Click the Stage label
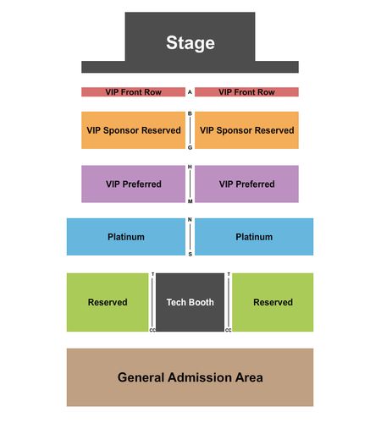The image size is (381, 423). click(190, 43)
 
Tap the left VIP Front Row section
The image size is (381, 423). click(133, 92)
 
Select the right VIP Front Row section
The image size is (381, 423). click(246, 92)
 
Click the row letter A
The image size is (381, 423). click(190, 92)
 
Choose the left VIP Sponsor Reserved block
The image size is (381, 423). click(133, 130)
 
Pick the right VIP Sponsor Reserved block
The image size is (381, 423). click(246, 130)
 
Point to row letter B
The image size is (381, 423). click(190, 113)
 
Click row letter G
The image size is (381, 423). click(190, 147)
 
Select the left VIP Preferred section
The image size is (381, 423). click(133, 184)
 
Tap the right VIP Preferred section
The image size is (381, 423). click(246, 184)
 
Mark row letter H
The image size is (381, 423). click(190, 167)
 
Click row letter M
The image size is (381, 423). click(190, 201)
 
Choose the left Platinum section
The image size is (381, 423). click(126, 237)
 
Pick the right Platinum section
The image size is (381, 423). click(254, 237)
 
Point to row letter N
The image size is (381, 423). click(190, 220)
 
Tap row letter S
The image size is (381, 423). click(190, 254)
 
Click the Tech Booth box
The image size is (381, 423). click(190, 302)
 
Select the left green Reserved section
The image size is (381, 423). click(108, 302)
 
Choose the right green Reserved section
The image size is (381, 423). click(273, 302)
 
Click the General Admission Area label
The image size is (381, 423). click(190, 377)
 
